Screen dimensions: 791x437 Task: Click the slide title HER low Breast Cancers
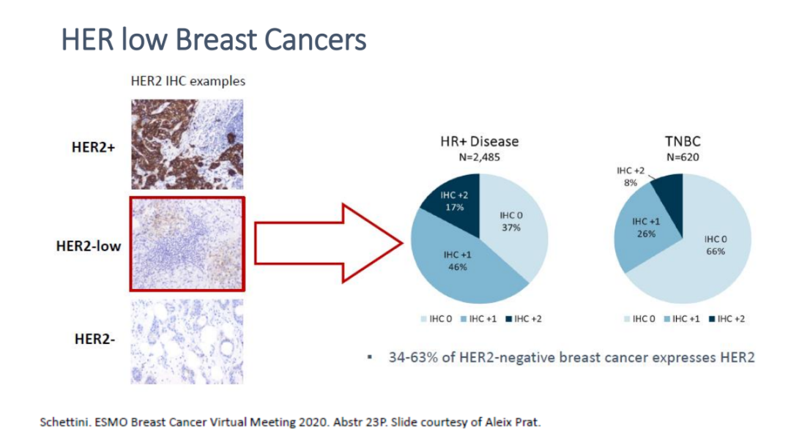[x=213, y=40]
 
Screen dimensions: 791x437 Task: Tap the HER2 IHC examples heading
[x=187, y=81]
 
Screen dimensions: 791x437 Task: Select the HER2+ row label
[x=93, y=147]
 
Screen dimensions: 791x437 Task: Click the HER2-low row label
[x=89, y=246]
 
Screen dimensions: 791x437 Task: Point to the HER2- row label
[x=94, y=339]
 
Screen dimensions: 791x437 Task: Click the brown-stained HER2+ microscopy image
[x=187, y=144]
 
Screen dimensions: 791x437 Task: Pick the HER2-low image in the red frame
[x=187, y=244]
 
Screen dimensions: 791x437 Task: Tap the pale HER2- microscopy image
[x=187, y=342]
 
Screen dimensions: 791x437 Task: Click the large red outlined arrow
[x=328, y=244]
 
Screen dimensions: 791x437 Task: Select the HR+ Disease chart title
[x=479, y=141]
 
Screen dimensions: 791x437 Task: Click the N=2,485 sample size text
[x=479, y=157]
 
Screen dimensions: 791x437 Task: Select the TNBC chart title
[x=683, y=141]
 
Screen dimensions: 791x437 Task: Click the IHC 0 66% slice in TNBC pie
[x=706, y=252]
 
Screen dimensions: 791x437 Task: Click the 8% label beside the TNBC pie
[x=631, y=183]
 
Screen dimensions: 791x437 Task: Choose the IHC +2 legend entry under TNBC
[x=727, y=318]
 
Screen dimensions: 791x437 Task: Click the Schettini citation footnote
[x=290, y=422]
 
